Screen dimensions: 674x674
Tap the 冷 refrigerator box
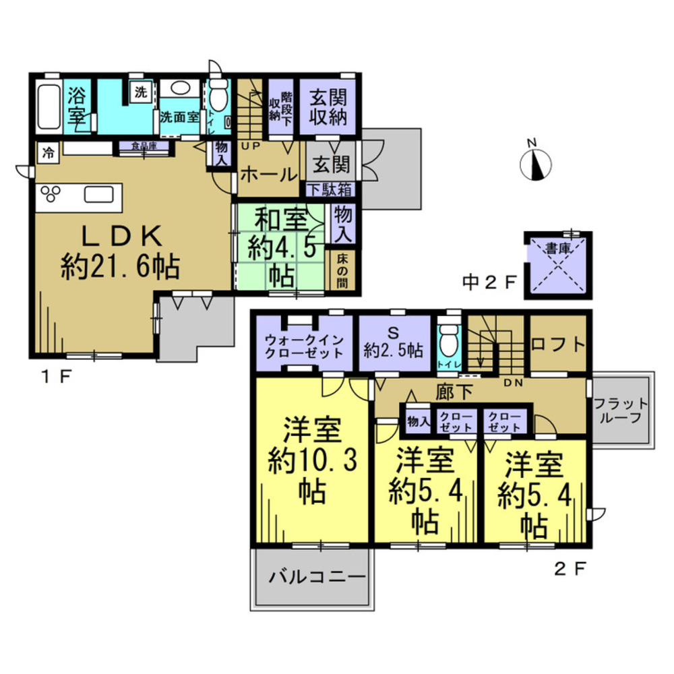pos(48,152)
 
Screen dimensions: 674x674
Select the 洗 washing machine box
pos(140,92)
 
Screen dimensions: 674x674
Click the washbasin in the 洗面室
pos(179,88)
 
